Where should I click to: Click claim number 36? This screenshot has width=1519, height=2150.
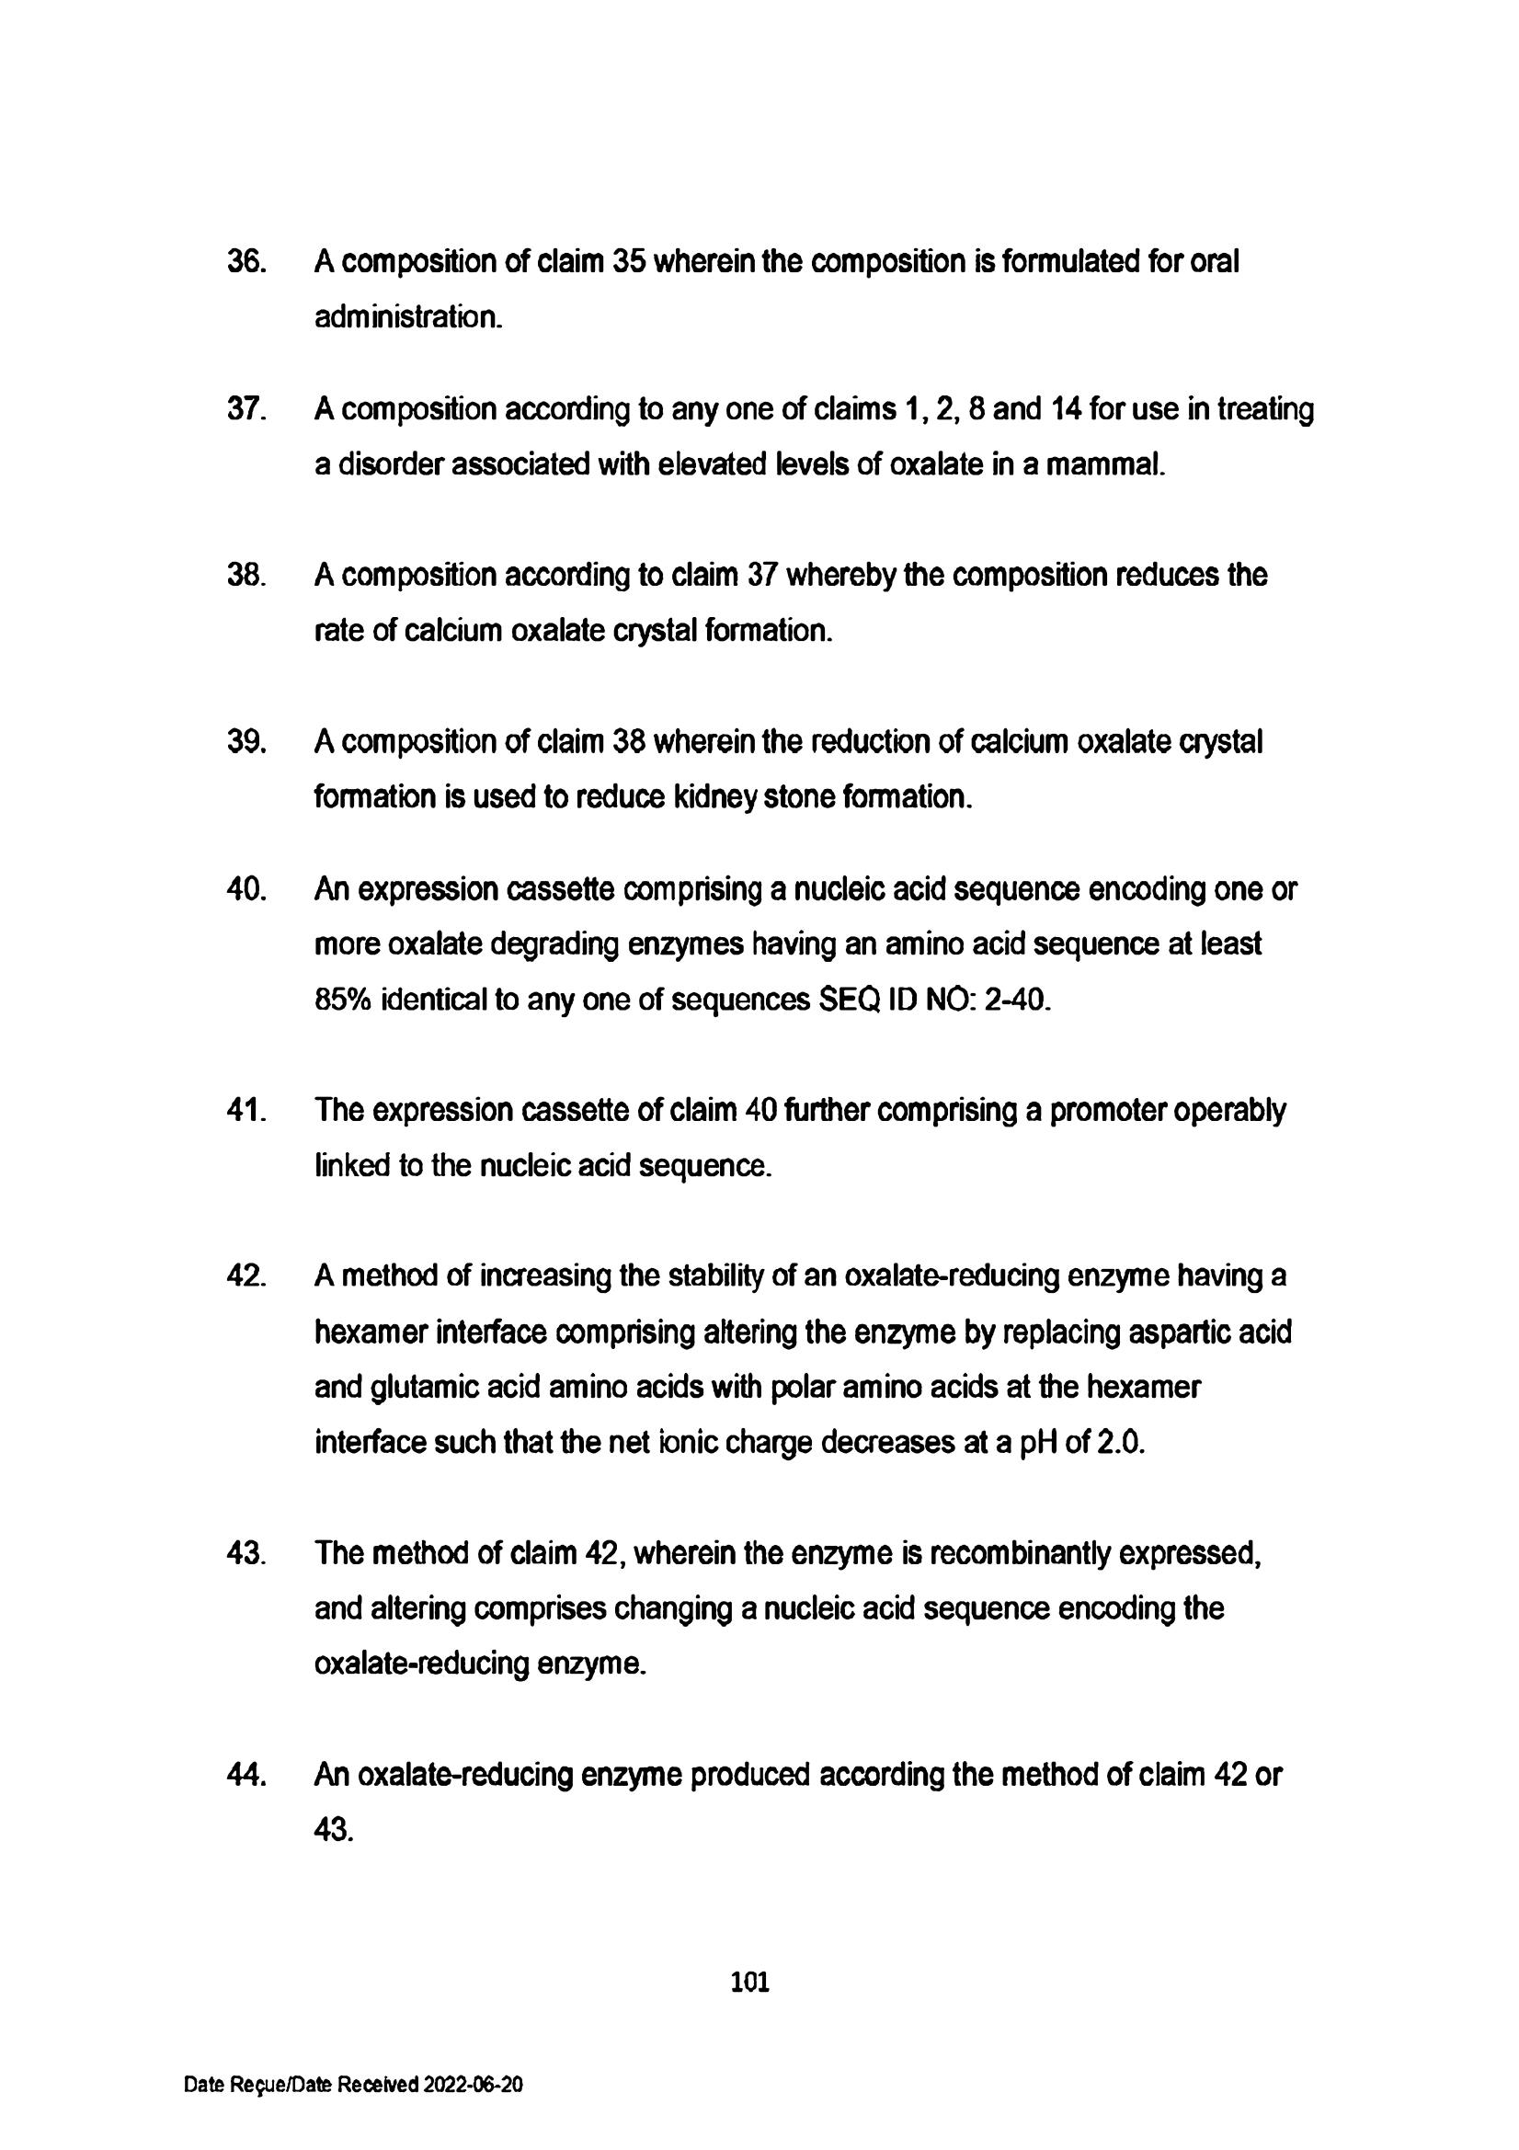[x=246, y=261]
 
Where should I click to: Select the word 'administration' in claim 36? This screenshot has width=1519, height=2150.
[x=408, y=317]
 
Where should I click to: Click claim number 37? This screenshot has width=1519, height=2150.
[x=246, y=409]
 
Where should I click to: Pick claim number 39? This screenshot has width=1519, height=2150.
[x=246, y=741]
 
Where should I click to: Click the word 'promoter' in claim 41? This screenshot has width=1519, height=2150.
[x=1107, y=1111]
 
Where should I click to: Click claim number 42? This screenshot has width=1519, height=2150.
[x=246, y=1276]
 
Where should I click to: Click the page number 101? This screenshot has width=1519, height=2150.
[x=750, y=1983]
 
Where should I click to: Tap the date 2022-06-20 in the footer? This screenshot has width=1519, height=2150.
[x=473, y=2085]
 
